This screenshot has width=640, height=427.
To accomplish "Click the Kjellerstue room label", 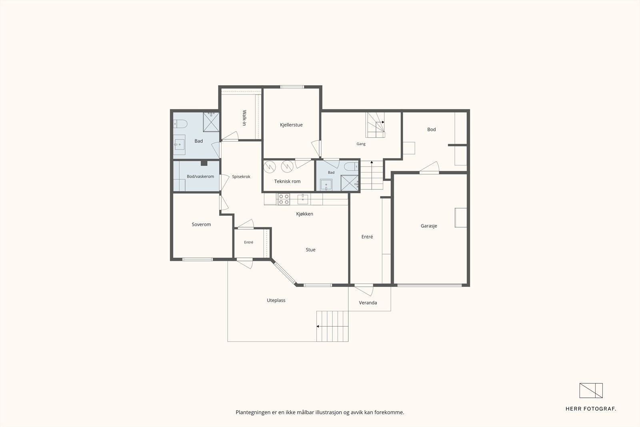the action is click(291, 125).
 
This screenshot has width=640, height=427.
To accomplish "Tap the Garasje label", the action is click(429, 226).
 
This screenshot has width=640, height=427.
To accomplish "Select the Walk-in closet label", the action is click(244, 118).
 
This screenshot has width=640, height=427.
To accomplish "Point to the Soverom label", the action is click(201, 225).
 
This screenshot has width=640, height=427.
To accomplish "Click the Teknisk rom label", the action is click(287, 181).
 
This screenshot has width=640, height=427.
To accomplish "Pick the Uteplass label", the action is click(276, 301).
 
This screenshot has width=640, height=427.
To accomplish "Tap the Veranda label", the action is click(368, 303).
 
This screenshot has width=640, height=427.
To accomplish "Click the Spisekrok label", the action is click(241, 176).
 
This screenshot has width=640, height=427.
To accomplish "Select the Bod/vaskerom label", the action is click(200, 176).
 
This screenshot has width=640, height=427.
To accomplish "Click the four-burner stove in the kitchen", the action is click(284, 199).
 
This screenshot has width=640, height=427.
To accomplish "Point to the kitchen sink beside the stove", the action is click(303, 199).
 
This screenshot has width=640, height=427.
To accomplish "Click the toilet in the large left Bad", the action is click(180, 124).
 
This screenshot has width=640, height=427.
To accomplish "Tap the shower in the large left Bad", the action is click(211, 122).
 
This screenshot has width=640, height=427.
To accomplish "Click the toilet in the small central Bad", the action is click(351, 166).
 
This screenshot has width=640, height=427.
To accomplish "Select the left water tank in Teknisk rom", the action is click(270, 167).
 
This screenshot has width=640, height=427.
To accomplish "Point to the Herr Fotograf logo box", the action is click(591, 391).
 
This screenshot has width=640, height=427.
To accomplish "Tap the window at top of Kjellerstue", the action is click(292, 87).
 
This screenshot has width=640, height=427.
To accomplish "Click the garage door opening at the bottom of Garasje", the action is click(430, 285).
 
